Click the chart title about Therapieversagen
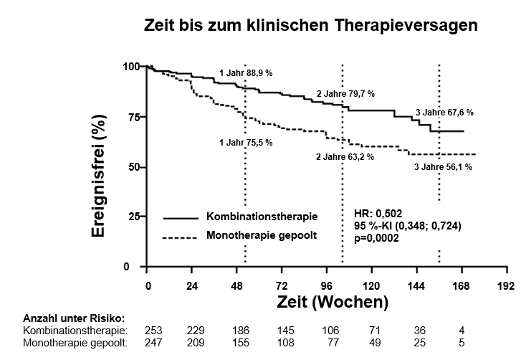click(311, 26)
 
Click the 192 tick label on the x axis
click(506, 285)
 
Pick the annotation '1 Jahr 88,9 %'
click(246, 73)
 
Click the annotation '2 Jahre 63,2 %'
click(345, 156)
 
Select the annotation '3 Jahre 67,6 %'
click(444, 113)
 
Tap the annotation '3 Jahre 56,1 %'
click(443, 166)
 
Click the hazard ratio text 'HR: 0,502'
click(378, 214)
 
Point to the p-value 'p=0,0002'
click(377, 238)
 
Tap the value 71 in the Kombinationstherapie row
click(373, 330)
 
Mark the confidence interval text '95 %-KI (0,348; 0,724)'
click(407, 227)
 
